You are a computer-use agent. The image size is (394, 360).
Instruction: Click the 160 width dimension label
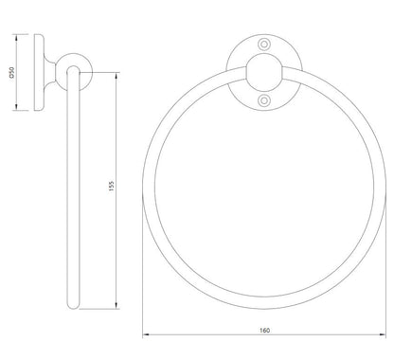264,330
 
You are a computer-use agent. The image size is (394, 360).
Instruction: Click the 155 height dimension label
111,187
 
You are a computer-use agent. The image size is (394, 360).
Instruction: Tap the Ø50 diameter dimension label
12,72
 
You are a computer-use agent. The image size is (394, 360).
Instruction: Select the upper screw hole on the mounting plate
264,45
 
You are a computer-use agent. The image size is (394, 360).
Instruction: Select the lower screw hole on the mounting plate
264,100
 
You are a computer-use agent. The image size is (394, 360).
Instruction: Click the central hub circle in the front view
264,72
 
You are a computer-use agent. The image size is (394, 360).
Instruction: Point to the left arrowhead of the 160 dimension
146,334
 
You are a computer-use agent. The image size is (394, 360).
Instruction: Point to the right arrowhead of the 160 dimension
383,334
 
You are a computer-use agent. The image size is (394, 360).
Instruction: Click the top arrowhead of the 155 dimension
116,76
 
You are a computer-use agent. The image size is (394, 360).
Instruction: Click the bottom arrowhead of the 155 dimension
116,305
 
